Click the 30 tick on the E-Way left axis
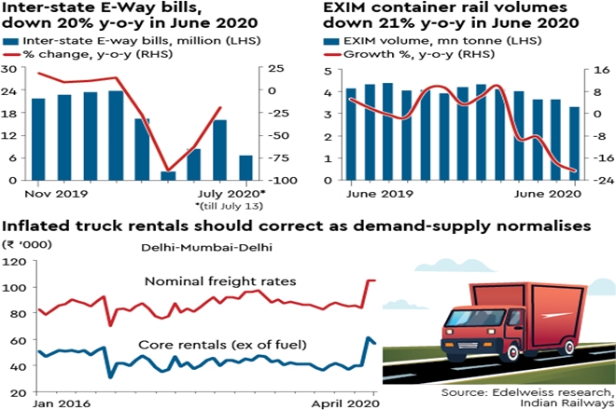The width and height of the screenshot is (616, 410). tap(8, 69)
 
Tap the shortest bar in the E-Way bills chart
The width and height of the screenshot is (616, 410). tap(168, 175)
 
